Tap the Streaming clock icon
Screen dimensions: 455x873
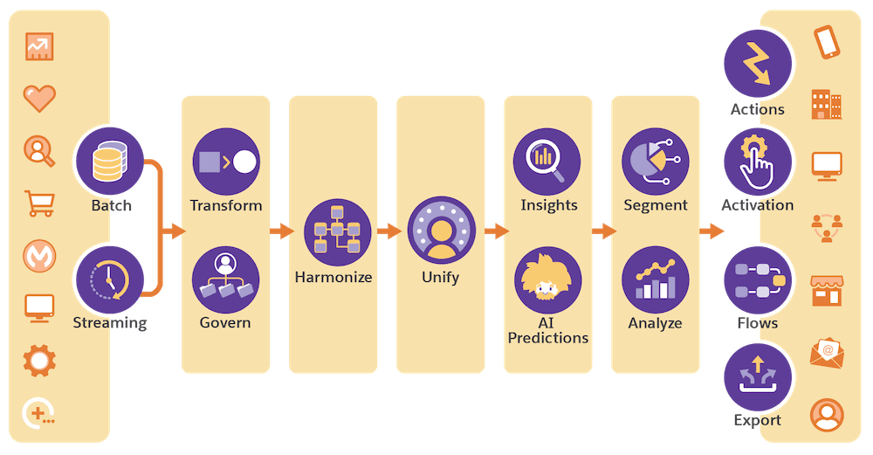109,278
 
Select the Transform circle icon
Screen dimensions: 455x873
226,162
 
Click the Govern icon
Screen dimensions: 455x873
226,279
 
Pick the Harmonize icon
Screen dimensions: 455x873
337,231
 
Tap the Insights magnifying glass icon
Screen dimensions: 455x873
547,162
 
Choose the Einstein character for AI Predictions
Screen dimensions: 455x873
547,279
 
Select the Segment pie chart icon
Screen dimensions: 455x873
655,162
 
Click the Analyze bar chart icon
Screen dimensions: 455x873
655,279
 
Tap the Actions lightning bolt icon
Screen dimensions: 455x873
758,63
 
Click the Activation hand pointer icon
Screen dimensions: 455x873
758,161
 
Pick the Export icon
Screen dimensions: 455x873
758,376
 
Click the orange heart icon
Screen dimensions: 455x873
39,97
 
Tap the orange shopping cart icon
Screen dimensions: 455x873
39,203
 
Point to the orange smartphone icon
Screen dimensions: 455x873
826,42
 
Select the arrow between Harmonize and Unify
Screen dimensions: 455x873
388,231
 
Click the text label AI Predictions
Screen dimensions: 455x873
547,330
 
